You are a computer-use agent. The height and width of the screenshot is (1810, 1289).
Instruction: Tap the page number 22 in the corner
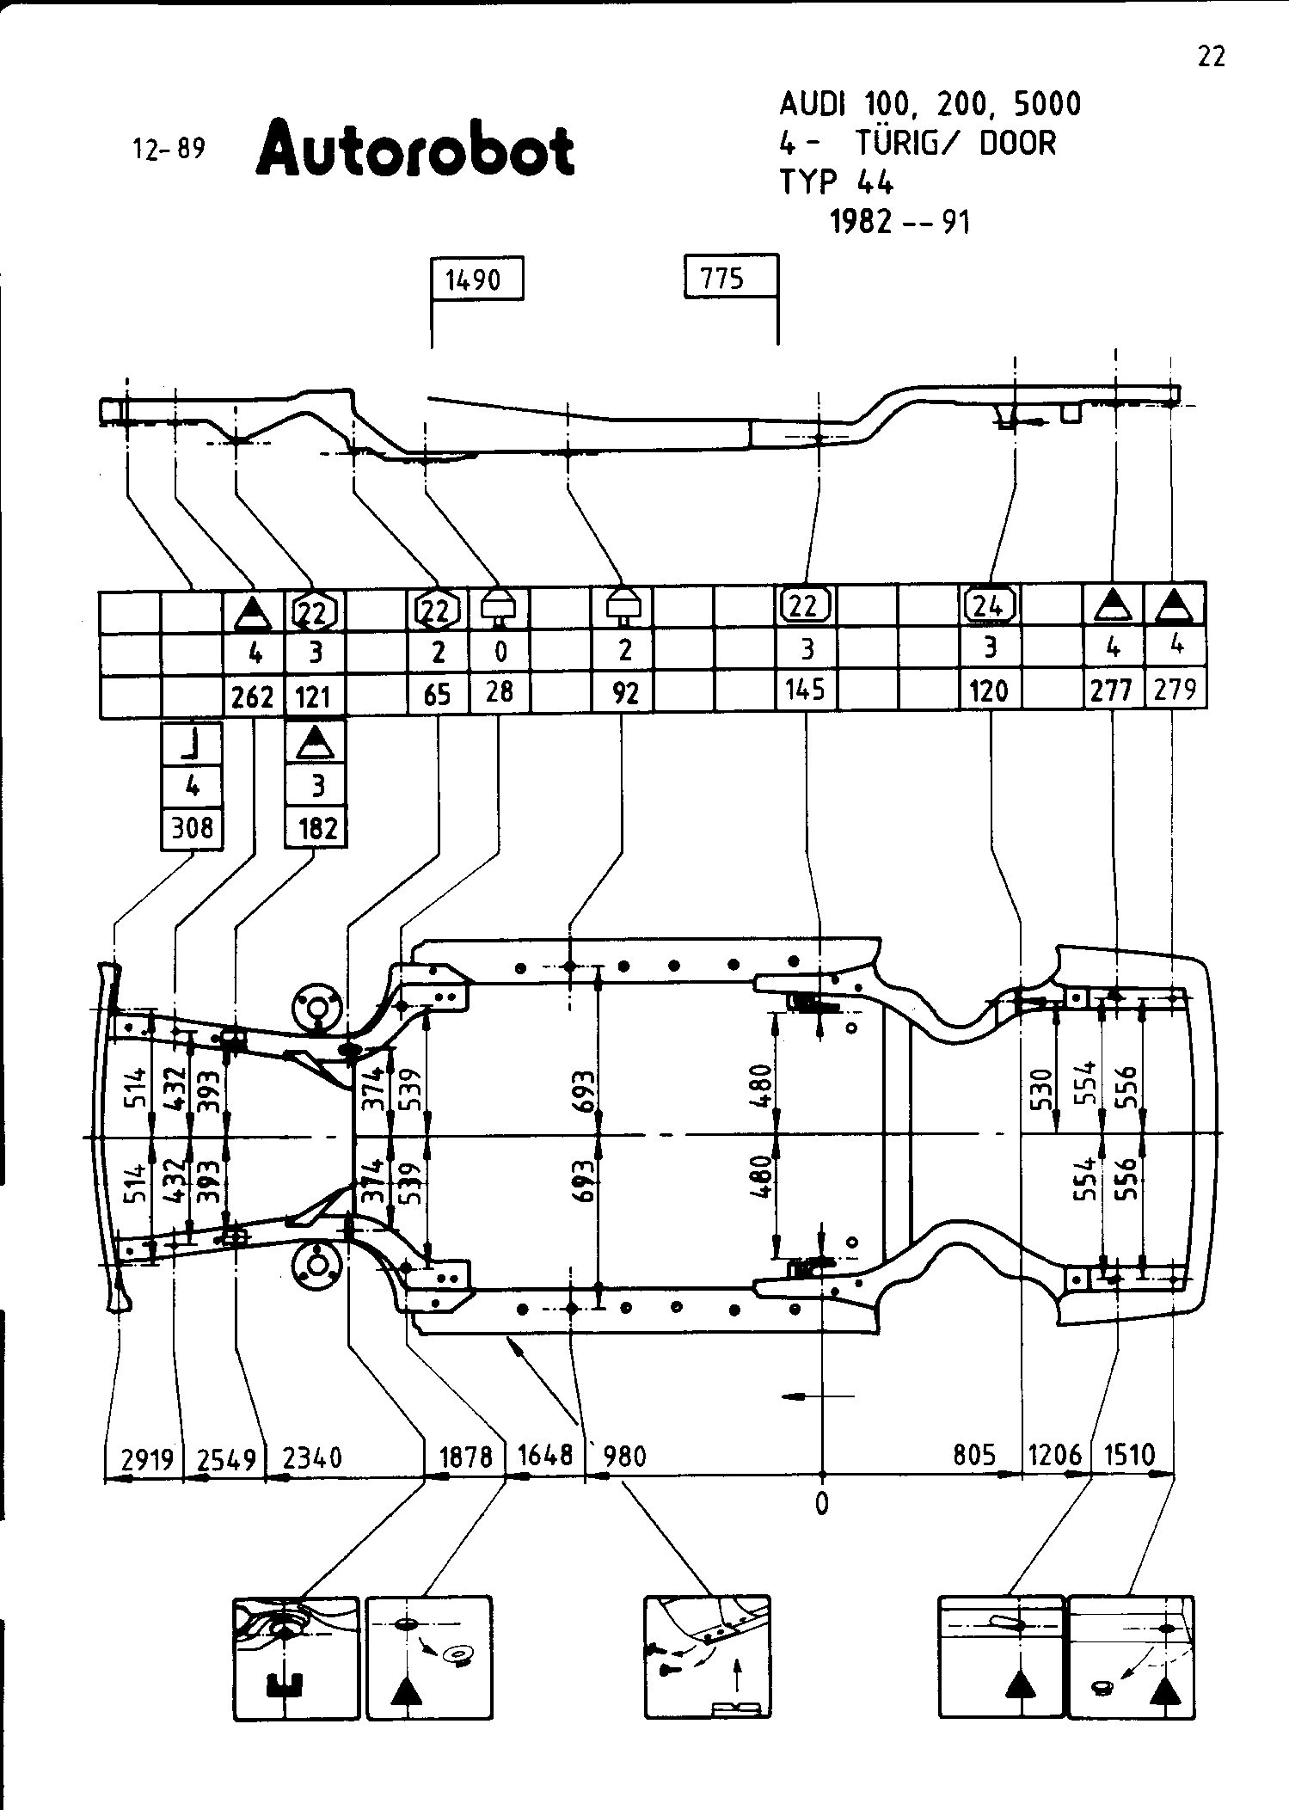point(1211,57)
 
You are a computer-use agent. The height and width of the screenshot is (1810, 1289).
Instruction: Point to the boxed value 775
point(722,278)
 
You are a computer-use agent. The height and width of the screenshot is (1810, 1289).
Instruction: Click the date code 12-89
point(169,150)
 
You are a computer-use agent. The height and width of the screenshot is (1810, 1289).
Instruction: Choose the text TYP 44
point(836,182)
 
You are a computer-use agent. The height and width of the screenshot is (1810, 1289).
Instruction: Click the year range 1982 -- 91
point(899,223)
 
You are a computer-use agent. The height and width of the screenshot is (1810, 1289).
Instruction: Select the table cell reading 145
point(806,690)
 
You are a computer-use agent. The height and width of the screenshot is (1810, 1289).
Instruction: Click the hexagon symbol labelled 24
point(990,606)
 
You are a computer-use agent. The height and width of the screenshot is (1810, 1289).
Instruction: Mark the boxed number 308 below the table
point(192,828)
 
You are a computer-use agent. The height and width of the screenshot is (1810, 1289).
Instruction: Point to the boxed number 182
point(316,829)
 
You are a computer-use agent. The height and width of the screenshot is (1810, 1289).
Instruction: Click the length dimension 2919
point(147,1458)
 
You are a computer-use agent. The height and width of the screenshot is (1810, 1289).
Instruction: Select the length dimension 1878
point(465,1457)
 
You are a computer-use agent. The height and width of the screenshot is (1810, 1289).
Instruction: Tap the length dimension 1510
point(1129,1455)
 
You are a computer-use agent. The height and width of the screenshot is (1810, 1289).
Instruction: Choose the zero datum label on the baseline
point(822,1504)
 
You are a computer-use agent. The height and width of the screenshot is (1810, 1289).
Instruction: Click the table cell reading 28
point(500,691)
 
